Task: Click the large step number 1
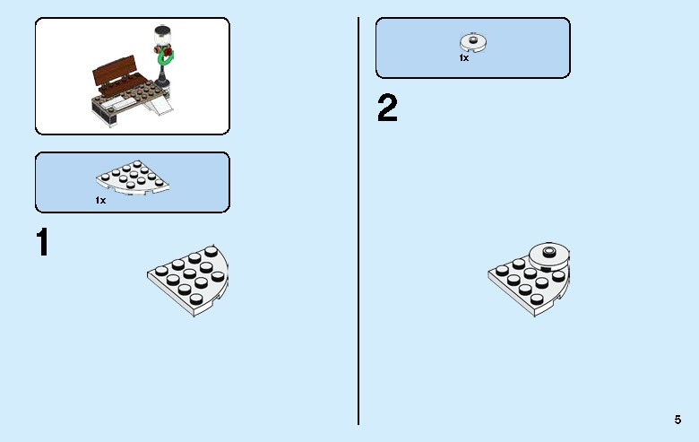[43, 242]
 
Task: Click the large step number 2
[387, 108]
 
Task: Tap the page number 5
[677, 420]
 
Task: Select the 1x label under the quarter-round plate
[100, 201]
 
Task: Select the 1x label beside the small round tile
[463, 58]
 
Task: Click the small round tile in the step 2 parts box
[473, 42]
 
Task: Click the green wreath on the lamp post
[166, 58]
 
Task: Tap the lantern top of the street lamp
[163, 36]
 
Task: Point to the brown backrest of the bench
[114, 71]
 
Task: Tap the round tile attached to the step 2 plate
[548, 256]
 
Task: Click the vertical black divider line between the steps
[358, 221]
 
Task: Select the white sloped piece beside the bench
[159, 106]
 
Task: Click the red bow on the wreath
[168, 53]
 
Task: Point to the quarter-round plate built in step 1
[187, 280]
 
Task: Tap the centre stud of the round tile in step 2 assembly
[548, 251]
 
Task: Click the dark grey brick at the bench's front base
[104, 113]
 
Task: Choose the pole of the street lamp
[161, 68]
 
